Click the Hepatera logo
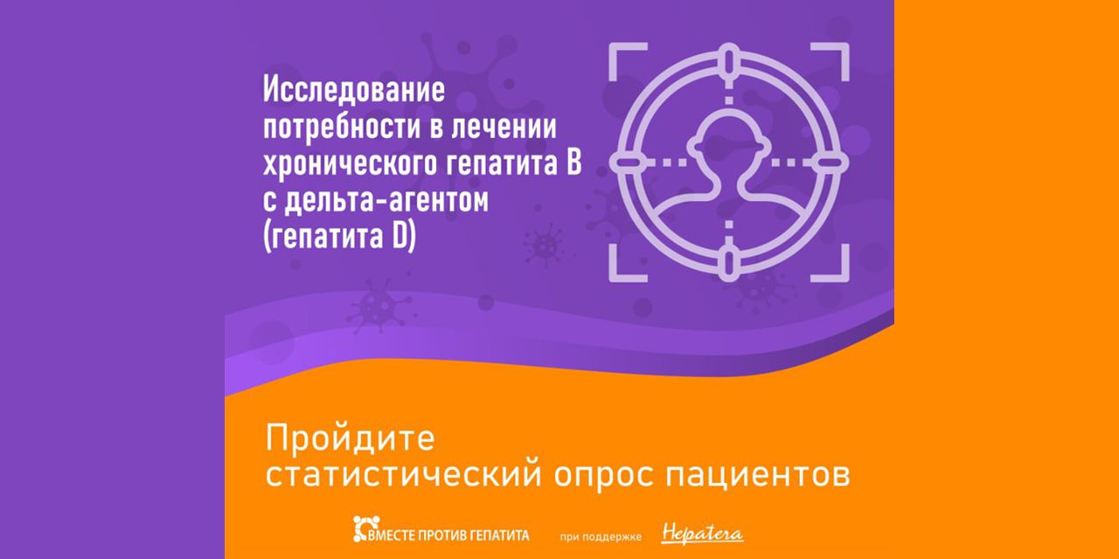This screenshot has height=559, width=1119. [x=703, y=531]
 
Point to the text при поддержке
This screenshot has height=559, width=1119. [x=612, y=533]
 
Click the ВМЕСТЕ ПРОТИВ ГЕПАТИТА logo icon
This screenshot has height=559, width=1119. [x=364, y=529]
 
